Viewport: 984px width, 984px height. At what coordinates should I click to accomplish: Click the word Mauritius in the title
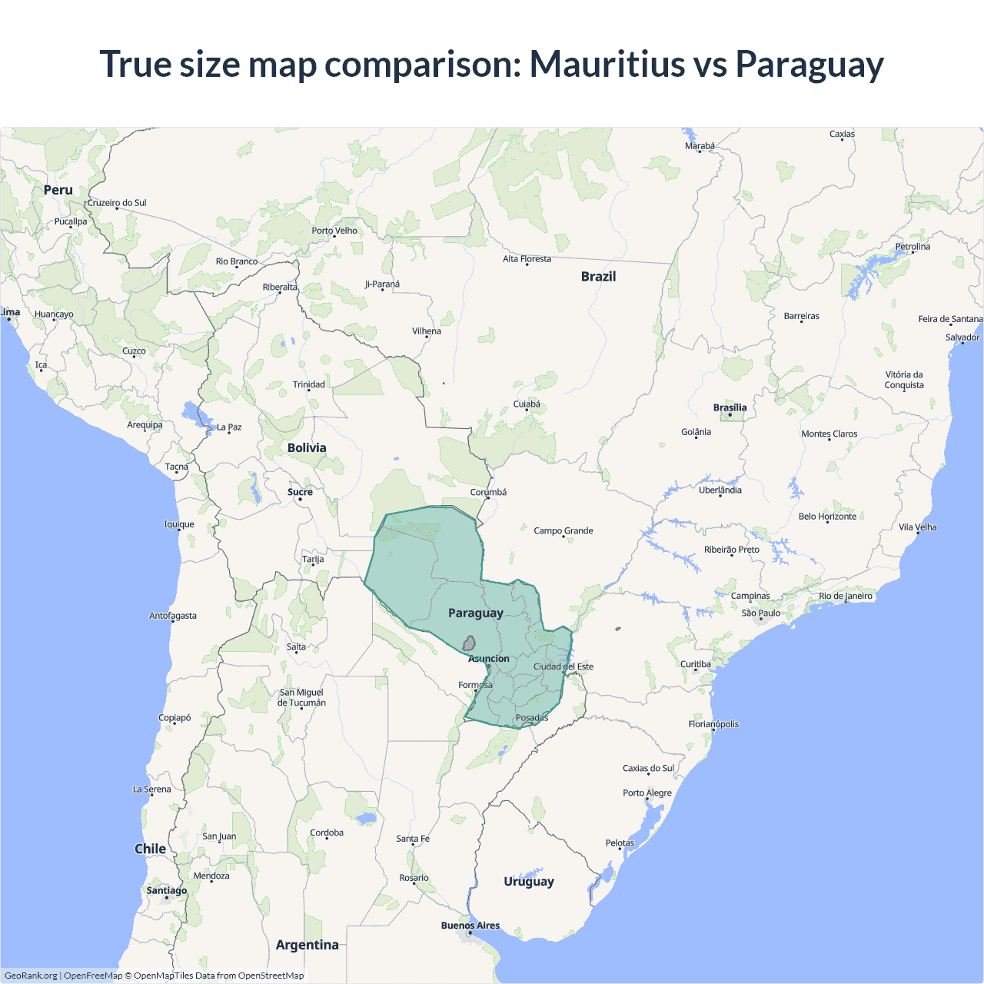click(x=607, y=64)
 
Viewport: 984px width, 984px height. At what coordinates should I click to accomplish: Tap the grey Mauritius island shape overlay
click(x=468, y=643)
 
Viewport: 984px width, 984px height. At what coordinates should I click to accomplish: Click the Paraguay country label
click(x=475, y=613)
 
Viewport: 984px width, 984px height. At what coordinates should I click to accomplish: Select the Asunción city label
click(x=489, y=659)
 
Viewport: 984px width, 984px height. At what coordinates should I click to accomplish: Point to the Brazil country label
click(x=598, y=277)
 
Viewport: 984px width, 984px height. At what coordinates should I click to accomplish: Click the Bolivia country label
click(x=307, y=447)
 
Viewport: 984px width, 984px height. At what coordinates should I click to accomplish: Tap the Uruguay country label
click(x=528, y=881)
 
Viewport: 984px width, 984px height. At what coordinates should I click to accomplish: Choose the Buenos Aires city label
click(x=470, y=926)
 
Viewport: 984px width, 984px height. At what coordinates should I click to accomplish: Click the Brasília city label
click(x=730, y=407)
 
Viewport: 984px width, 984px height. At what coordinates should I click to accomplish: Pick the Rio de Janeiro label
click(x=846, y=596)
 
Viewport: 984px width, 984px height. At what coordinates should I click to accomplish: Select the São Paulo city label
click(x=760, y=613)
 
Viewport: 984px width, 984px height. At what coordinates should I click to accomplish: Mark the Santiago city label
click(x=167, y=890)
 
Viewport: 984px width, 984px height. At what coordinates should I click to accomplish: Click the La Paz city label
click(x=229, y=427)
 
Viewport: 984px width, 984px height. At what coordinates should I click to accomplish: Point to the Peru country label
click(x=58, y=190)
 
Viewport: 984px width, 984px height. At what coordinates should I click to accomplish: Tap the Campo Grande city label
click(x=563, y=530)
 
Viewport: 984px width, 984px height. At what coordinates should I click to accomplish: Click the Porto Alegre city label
click(x=647, y=793)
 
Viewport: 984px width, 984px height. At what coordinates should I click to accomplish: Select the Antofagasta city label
click(x=173, y=616)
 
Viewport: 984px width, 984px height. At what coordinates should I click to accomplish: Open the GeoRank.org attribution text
click(x=31, y=976)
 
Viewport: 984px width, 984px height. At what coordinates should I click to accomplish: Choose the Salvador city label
click(x=962, y=337)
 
